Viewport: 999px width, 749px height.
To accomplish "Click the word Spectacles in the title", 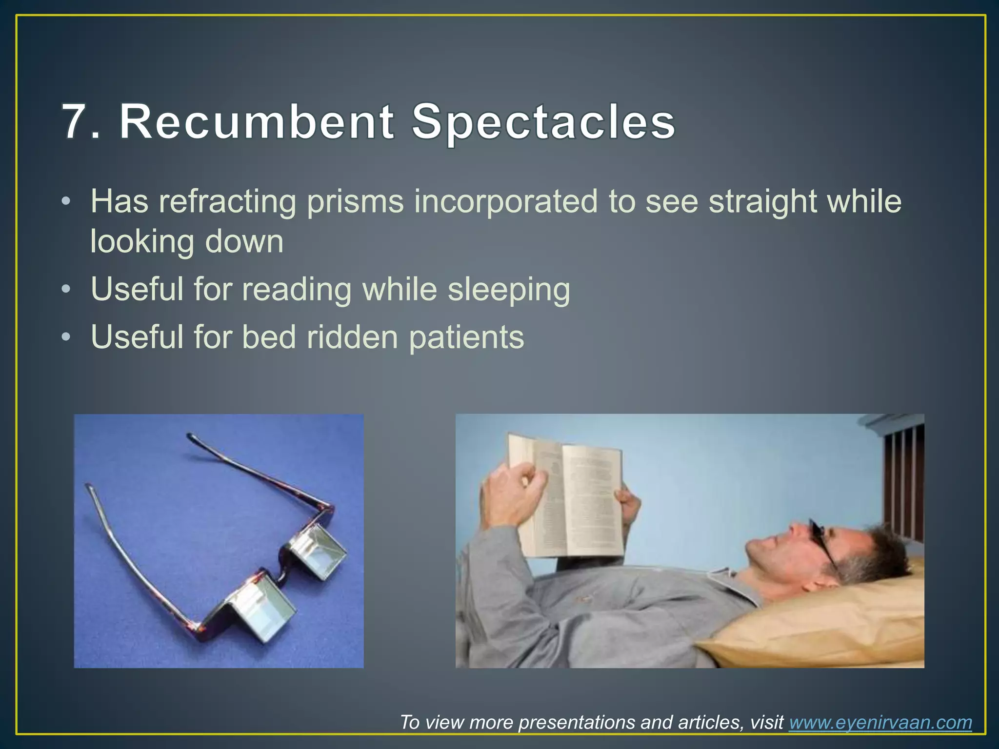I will tap(543, 122).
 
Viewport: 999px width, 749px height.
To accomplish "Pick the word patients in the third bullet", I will tap(466, 337).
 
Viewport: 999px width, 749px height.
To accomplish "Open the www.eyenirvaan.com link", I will tap(880, 722).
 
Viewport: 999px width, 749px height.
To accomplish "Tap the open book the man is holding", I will tap(566, 497).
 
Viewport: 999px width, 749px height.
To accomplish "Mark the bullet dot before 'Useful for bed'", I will tap(66, 337).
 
